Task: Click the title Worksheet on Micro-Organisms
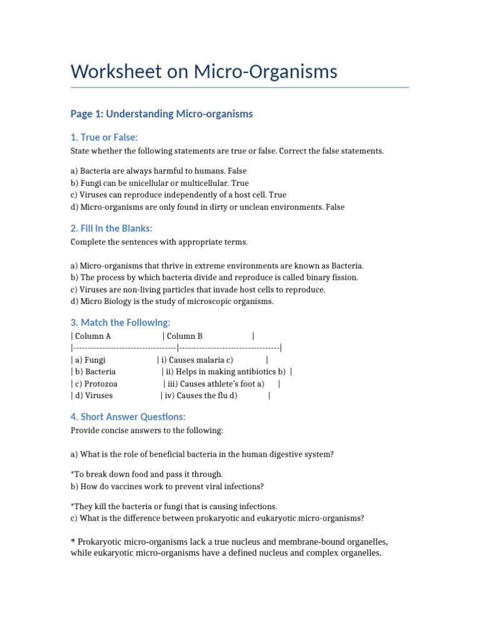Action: click(204, 72)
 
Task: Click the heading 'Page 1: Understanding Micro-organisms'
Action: click(161, 114)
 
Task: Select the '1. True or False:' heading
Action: click(104, 137)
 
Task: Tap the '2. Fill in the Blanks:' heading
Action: click(111, 228)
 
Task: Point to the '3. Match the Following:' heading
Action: click(120, 323)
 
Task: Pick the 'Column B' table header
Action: click(184, 336)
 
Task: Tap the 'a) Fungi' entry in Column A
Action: click(90, 360)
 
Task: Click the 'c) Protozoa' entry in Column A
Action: click(96, 384)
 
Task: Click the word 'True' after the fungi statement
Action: click(240, 183)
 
